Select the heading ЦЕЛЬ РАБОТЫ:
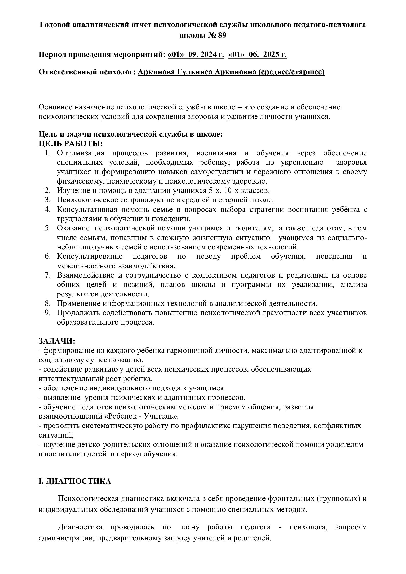pyautogui.click(x=70, y=144)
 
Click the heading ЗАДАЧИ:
pyautogui.click(x=57, y=341)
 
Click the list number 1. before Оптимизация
pyautogui.click(x=48, y=153)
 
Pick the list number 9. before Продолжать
pyautogui.click(x=48, y=313)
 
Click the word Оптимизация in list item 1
pyautogui.click(x=81, y=153)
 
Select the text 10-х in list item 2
pyautogui.click(x=233, y=190)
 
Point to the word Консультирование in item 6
pyautogui.click(x=90, y=256)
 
